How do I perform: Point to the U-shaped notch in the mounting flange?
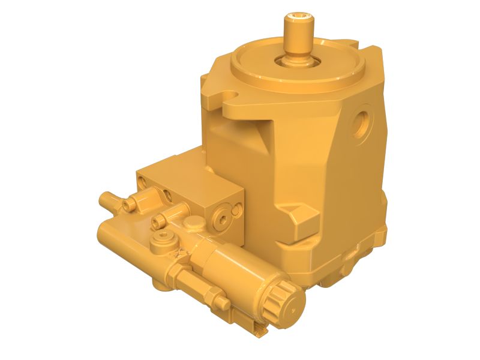pyautogui.click(x=230, y=95)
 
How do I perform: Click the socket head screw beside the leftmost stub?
pyautogui.click(x=128, y=205)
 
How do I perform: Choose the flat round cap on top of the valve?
pyautogui.click(x=193, y=223)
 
